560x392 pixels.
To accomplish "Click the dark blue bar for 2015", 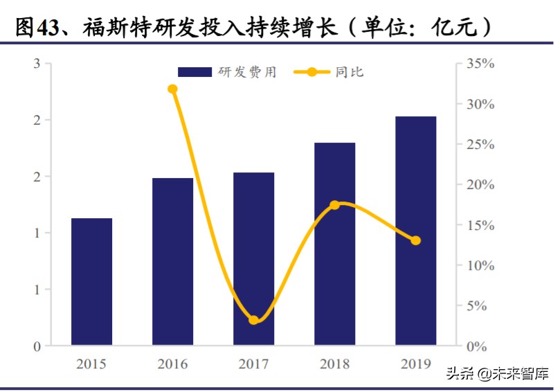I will (x=91, y=282).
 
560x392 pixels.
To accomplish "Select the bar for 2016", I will (x=172, y=262).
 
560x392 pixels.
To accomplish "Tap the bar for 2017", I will (x=253, y=259).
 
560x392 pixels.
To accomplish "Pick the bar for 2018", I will (x=334, y=244).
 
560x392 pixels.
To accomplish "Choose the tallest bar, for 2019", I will (x=415, y=231).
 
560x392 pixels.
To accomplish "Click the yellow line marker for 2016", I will (x=172, y=89).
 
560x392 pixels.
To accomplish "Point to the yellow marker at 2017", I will (x=253, y=320).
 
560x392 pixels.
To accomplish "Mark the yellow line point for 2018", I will (x=334, y=205).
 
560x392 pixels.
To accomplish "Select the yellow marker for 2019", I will (x=415, y=240).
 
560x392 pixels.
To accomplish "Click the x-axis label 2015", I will (x=91, y=364).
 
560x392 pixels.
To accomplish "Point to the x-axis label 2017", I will (x=253, y=364).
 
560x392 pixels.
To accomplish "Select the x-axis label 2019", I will (x=415, y=364).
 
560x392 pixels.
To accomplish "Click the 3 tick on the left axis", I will (x=37, y=64).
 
